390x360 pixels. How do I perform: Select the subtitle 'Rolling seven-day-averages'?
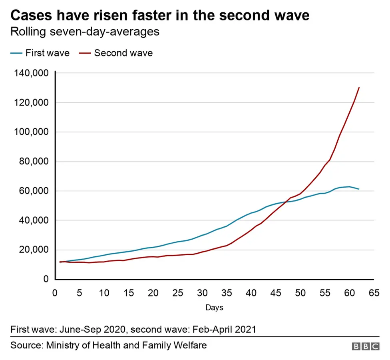click(85, 32)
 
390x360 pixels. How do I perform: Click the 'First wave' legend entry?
click(40, 53)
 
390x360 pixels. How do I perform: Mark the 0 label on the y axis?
click(46, 279)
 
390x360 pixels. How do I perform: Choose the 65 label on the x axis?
click(374, 293)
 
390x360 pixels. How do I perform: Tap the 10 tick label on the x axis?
click(104, 293)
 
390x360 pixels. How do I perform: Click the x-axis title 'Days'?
click(214, 308)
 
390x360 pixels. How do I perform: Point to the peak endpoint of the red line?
click(359, 87)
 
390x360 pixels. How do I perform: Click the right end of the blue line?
click(359, 189)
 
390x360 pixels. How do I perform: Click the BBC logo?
click(365, 346)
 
